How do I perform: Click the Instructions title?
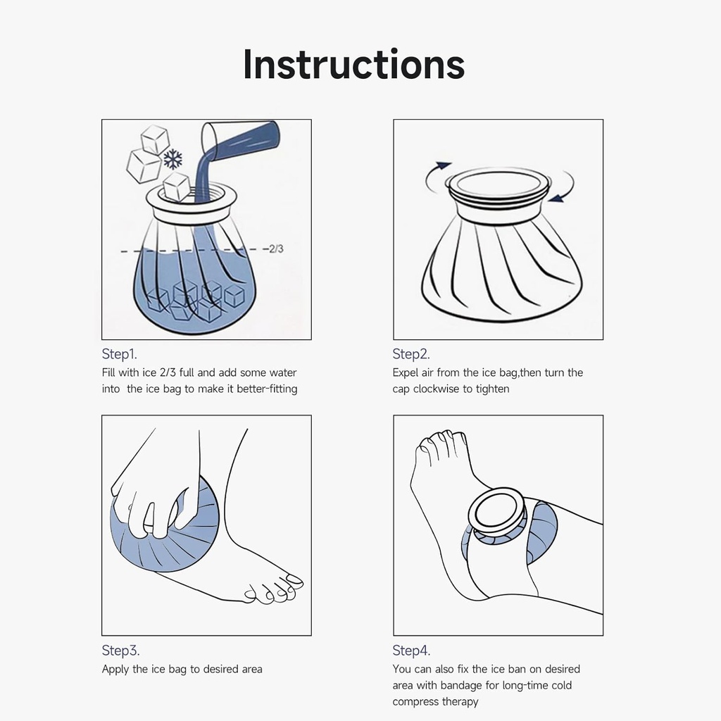[x=353, y=64]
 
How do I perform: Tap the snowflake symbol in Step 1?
[x=173, y=159]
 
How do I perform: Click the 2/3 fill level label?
[x=276, y=249]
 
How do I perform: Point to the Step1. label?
[x=124, y=354]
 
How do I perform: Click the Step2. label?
[x=410, y=354]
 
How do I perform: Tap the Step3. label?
[x=125, y=651]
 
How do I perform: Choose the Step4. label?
[x=411, y=651]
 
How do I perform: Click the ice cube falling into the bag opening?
[x=176, y=187]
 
